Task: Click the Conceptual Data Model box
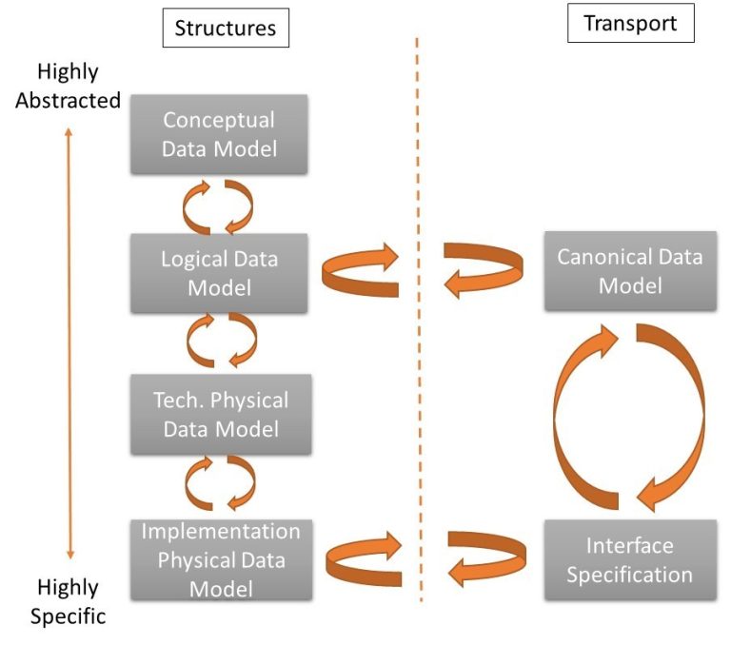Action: click(x=219, y=134)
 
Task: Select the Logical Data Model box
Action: click(x=219, y=273)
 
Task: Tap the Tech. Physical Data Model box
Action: click(x=219, y=414)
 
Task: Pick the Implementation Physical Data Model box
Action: click(x=219, y=559)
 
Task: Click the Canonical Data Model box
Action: click(x=629, y=270)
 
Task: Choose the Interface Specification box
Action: click(x=629, y=559)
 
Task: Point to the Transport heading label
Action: click(x=630, y=24)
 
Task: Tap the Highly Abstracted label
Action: click(x=68, y=86)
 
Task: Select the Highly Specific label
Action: click(x=68, y=600)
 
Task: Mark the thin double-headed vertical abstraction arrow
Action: click(x=69, y=342)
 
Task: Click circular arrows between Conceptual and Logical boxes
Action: click(x=219, y=205)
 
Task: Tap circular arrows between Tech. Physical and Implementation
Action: click(x=219, y=482)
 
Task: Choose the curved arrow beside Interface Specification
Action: click(x=485, y=557)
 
